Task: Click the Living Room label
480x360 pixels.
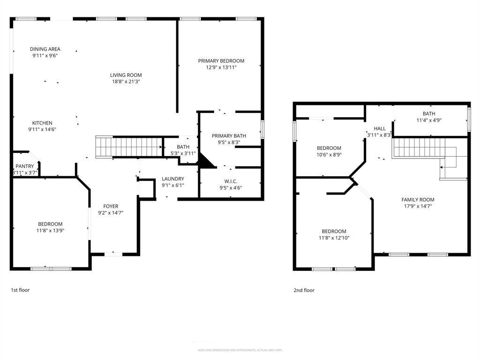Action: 126,75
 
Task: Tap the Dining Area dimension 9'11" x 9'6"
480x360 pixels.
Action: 45,55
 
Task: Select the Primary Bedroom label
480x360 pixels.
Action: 221,60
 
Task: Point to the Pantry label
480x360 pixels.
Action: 24,166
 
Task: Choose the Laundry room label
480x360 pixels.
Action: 172,179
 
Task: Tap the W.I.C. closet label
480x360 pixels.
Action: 230,181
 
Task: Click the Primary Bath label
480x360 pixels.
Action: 229,136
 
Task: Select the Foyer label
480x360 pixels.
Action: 111,206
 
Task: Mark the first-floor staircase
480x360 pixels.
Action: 129,146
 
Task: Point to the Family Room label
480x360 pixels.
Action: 418,199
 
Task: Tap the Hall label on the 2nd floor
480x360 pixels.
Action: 380,128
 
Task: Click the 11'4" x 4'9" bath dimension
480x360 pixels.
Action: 428,120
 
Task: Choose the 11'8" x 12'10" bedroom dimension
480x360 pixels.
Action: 334,238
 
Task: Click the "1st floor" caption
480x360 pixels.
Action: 20,290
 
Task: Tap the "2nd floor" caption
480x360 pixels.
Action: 304,290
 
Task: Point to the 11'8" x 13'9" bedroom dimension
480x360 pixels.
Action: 50,230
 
